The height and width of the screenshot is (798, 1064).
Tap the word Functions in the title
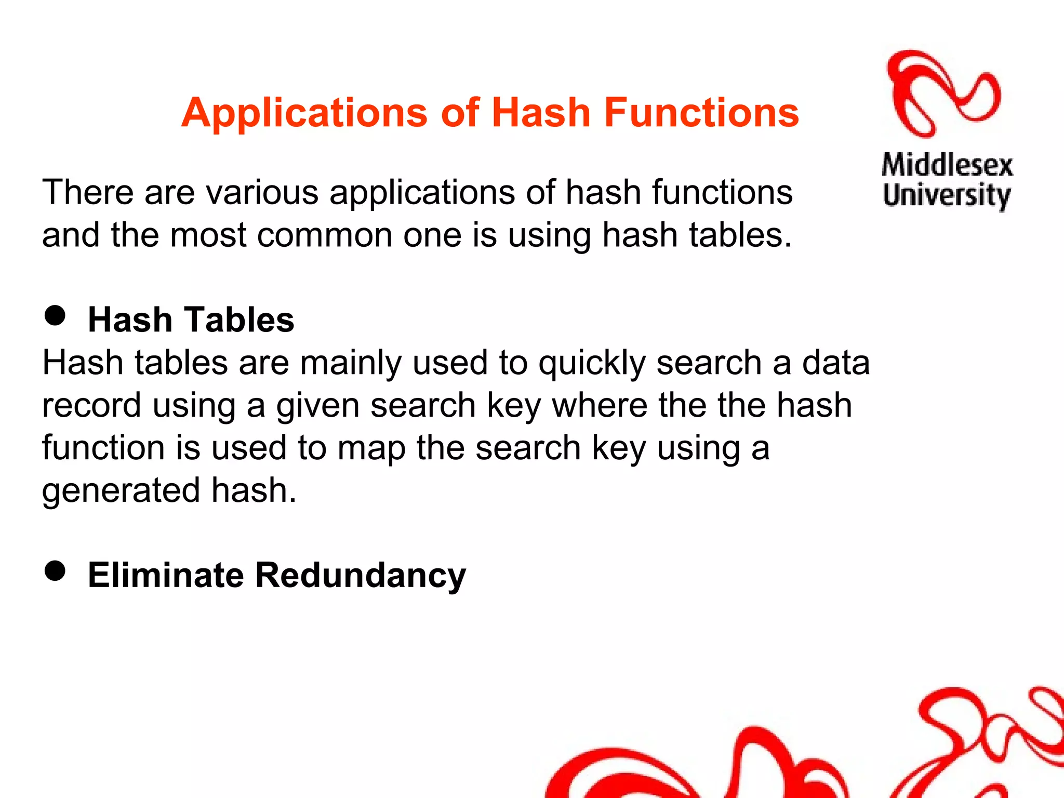701,113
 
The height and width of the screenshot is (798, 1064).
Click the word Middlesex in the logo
947,165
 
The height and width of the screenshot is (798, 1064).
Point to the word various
262,192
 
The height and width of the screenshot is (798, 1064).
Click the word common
324,235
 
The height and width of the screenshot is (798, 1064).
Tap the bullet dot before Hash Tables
55,315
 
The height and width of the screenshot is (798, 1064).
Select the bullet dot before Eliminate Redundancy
55,570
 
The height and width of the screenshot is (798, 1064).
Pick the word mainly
351,363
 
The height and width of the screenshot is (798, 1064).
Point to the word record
91,405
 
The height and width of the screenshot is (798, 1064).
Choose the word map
371,448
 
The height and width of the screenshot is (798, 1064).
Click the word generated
121,490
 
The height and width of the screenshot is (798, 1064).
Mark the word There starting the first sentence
88,192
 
